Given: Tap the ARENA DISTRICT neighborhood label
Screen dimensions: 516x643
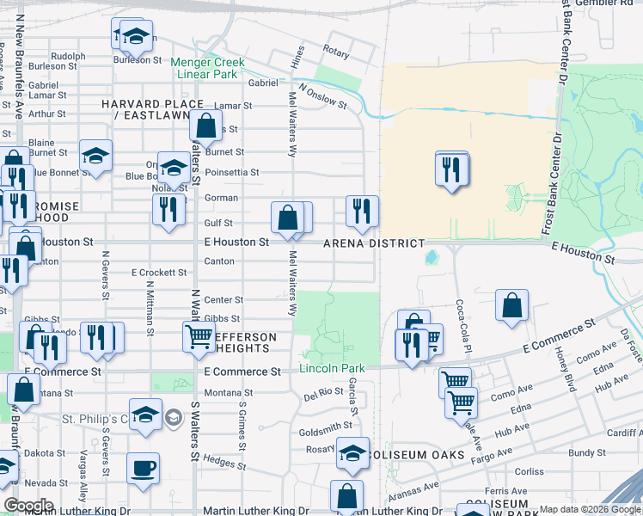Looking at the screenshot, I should (374, 243).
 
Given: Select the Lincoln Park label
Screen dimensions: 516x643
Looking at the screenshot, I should (332, 369).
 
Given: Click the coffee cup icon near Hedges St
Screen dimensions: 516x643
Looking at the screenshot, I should (143, 469).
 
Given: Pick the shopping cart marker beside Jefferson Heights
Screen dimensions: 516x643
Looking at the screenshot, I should (199, 336).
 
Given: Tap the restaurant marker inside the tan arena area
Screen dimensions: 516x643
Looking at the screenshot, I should (452, 169).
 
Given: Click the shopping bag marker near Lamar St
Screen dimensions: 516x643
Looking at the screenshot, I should (206, 126).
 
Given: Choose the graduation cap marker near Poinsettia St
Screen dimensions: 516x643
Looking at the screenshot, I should (174, 167).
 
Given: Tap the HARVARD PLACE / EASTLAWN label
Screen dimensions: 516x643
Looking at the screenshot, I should (157, 110).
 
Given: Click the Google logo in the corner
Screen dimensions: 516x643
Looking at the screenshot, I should (28, 506).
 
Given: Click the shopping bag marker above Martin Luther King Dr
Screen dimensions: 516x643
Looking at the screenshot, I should (346, 496).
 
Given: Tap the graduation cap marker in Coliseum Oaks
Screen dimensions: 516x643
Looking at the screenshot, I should (352, 452).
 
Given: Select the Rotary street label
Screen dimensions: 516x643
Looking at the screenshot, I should (336, 53).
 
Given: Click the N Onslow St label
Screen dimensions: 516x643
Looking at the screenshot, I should (321, 96).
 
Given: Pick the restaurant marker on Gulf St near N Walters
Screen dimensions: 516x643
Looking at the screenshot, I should (168, 209).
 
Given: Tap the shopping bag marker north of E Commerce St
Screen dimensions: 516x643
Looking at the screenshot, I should (511, 305).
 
